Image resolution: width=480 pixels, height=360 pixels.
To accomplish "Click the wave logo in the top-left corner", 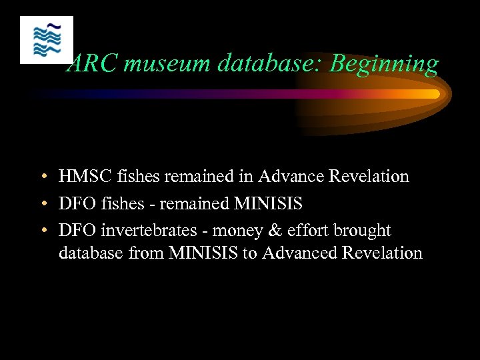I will click(47, 40).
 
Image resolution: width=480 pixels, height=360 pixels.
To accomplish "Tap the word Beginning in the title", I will click(385, 64).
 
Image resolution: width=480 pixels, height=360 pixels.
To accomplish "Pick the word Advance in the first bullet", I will click(289, 177).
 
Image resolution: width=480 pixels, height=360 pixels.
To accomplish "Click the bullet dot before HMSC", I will click(43, 177).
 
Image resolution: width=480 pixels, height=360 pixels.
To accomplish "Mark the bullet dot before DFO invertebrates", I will click(43, 231).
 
